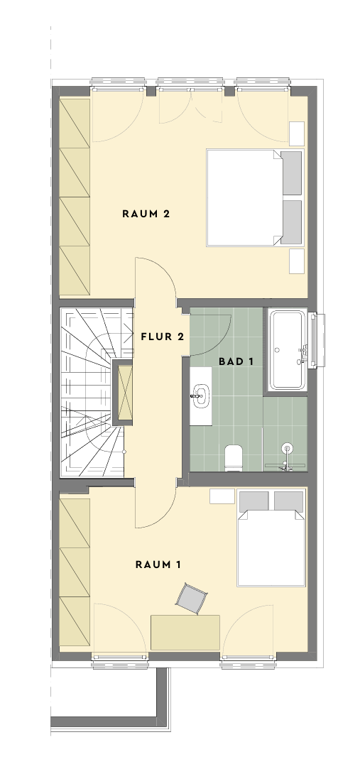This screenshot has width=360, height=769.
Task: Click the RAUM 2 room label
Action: coord(146,214)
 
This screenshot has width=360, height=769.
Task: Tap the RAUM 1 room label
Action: coord(158,565)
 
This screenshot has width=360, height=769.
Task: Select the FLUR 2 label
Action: coord(162,337)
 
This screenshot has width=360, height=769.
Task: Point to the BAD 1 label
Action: coord(236,361)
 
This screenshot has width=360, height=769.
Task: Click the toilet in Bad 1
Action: coord(234,457)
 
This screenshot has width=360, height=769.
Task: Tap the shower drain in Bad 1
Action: coord(288,447)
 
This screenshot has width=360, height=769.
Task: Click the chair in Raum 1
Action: coord(191,599)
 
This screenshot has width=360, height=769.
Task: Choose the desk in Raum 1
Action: coord(185,633)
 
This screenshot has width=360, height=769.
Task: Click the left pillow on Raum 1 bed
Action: coord(253,501)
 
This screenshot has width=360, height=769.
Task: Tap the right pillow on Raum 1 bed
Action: coord(288,501)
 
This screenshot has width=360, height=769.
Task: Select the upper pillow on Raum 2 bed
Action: coord(291,173)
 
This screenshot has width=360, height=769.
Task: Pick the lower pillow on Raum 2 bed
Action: coord(291,222)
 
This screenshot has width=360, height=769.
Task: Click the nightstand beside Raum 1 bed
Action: coord(222,496)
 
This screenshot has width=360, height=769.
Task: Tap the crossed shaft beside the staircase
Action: coord(123,393)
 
